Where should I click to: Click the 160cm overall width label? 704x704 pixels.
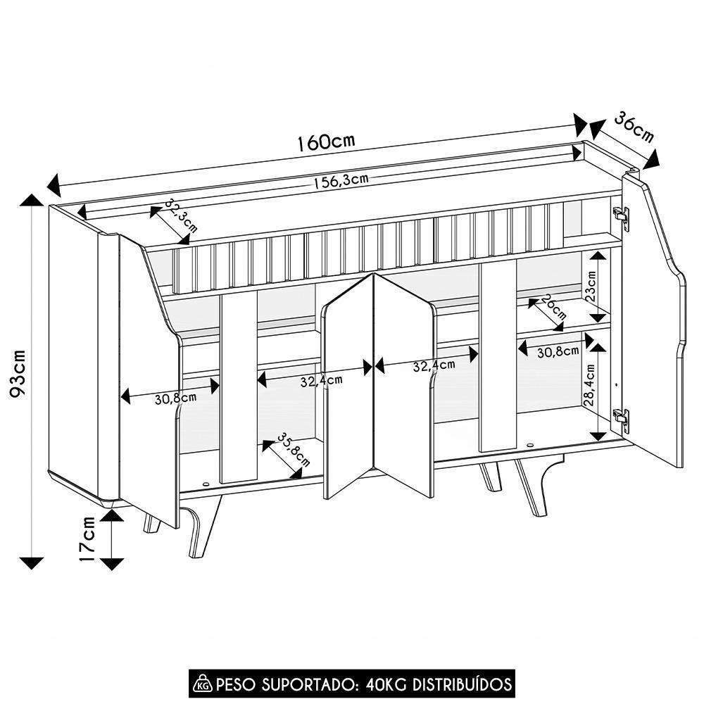(325, 142)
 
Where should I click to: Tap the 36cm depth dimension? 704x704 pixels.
(634, 127)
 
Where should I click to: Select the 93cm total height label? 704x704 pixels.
(19, 373)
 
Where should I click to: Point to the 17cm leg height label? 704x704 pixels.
(87, 539)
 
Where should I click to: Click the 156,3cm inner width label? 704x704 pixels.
(341, 181)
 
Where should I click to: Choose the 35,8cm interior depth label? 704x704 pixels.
(293, 450)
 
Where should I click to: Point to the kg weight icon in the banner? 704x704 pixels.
(203, 684)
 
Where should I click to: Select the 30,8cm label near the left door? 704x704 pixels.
(175, 398)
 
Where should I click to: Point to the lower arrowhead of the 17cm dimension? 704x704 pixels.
(111, 563)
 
